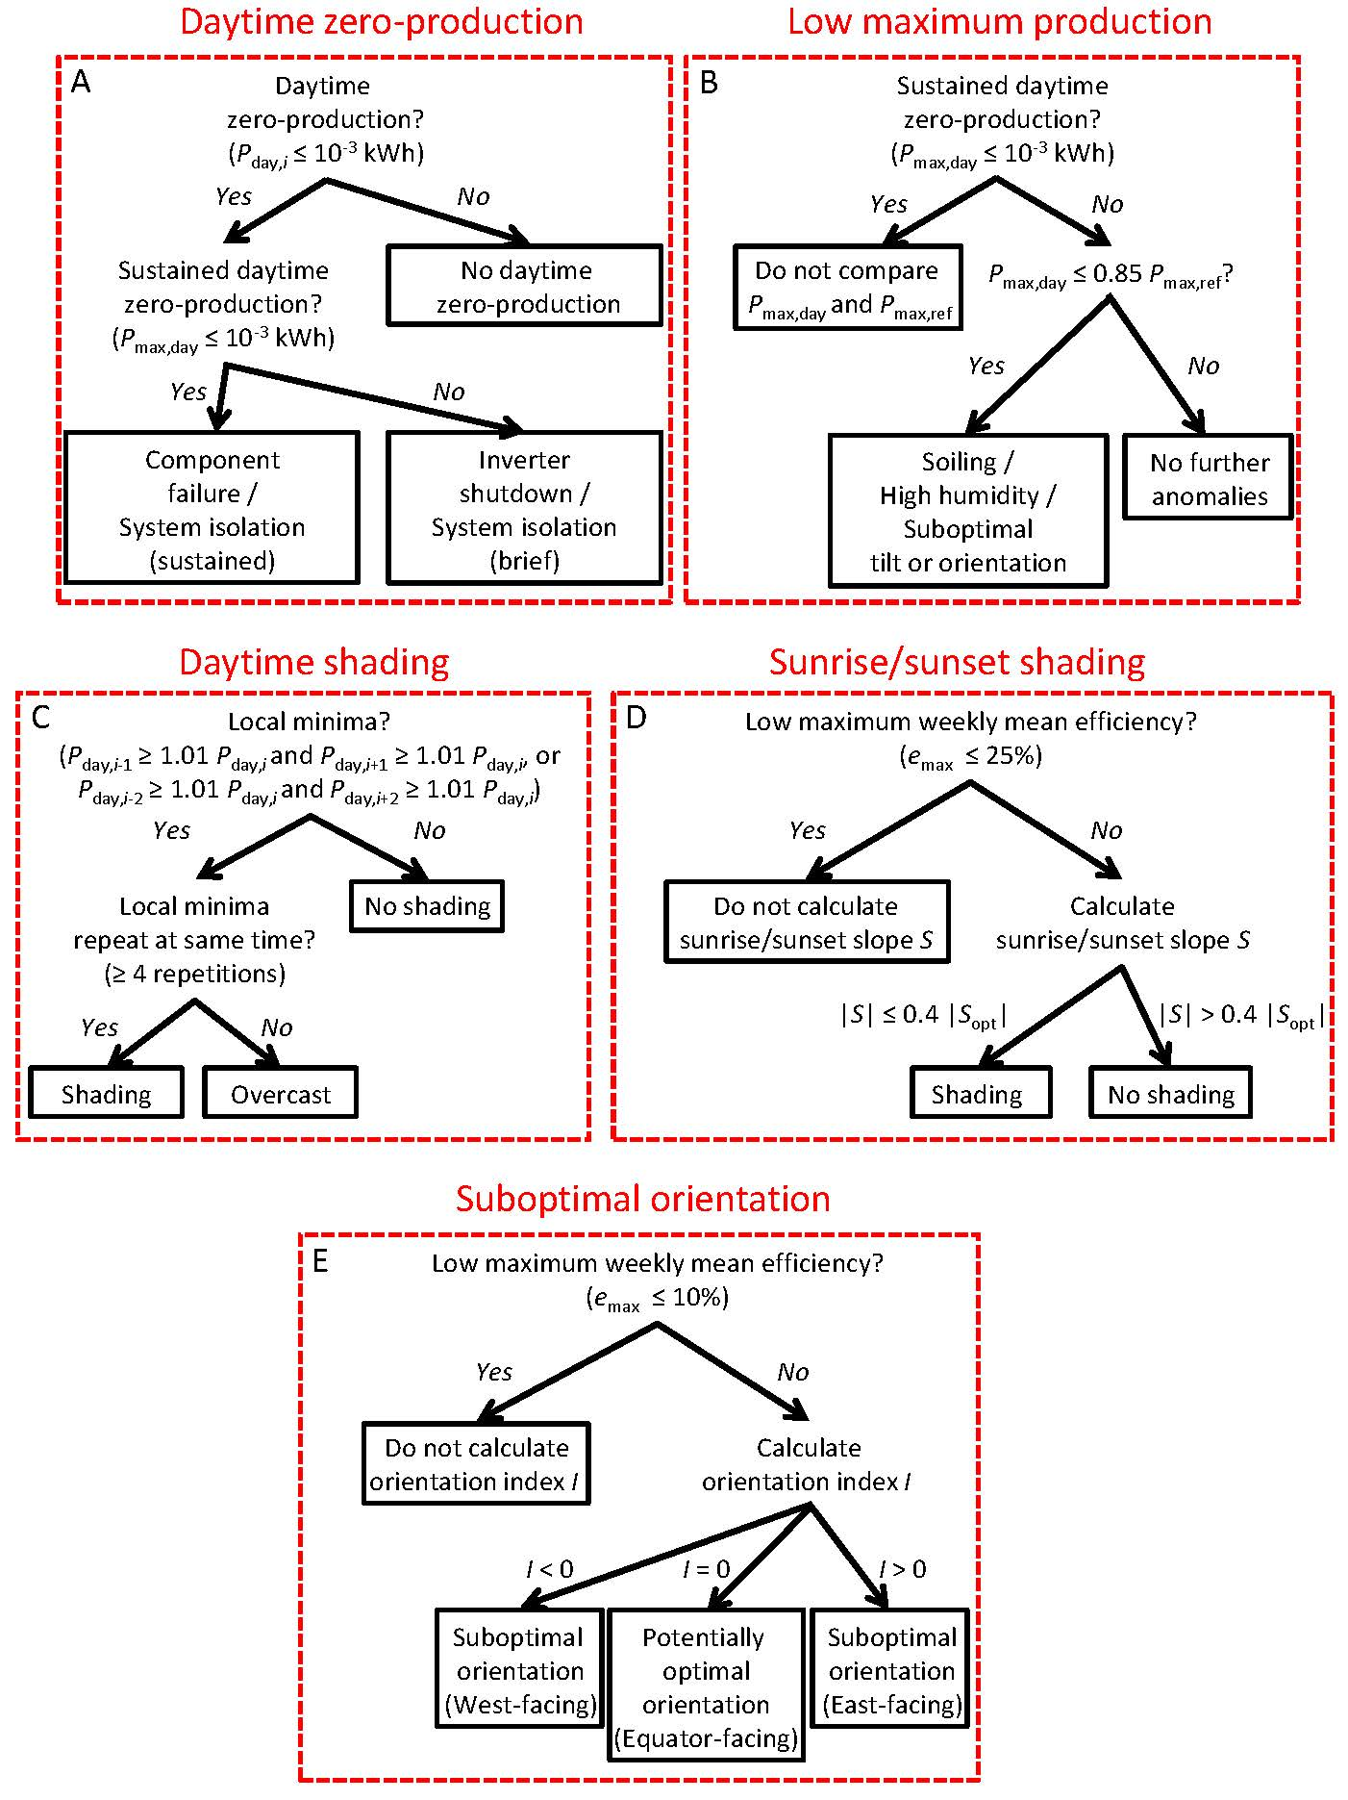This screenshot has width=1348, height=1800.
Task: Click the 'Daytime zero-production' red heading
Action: pos(382,21)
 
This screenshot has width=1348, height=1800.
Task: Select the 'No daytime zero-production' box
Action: pos(525,287)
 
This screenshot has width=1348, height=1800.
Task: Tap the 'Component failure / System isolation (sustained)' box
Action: pos(212,509)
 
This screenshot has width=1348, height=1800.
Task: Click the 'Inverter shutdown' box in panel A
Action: pos(525,509)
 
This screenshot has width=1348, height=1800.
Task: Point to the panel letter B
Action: pos(709,84)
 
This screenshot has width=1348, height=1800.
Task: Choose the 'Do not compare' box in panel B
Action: pos(847,288)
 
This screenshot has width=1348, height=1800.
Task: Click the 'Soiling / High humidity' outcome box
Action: pos(968,511)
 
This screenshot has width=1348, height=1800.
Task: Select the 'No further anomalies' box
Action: pos(1209,478)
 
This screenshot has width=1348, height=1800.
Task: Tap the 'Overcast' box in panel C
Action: pos(280,1094)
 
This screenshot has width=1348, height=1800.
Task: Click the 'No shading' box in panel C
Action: pos(427,906)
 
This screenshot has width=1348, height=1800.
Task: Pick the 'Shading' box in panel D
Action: pos(977,1094)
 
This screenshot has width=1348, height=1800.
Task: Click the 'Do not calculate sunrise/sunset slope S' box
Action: pos(806,923)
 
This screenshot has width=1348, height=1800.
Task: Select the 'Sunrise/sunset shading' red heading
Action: pos(957,662)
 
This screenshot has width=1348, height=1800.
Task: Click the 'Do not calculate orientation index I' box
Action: pos(477,1464)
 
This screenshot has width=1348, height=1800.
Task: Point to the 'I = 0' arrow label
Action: pos(706,1569)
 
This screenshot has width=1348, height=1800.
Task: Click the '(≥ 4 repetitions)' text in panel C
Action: pos(195,974)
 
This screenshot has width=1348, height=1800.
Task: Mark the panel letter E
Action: pos(320,1261)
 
